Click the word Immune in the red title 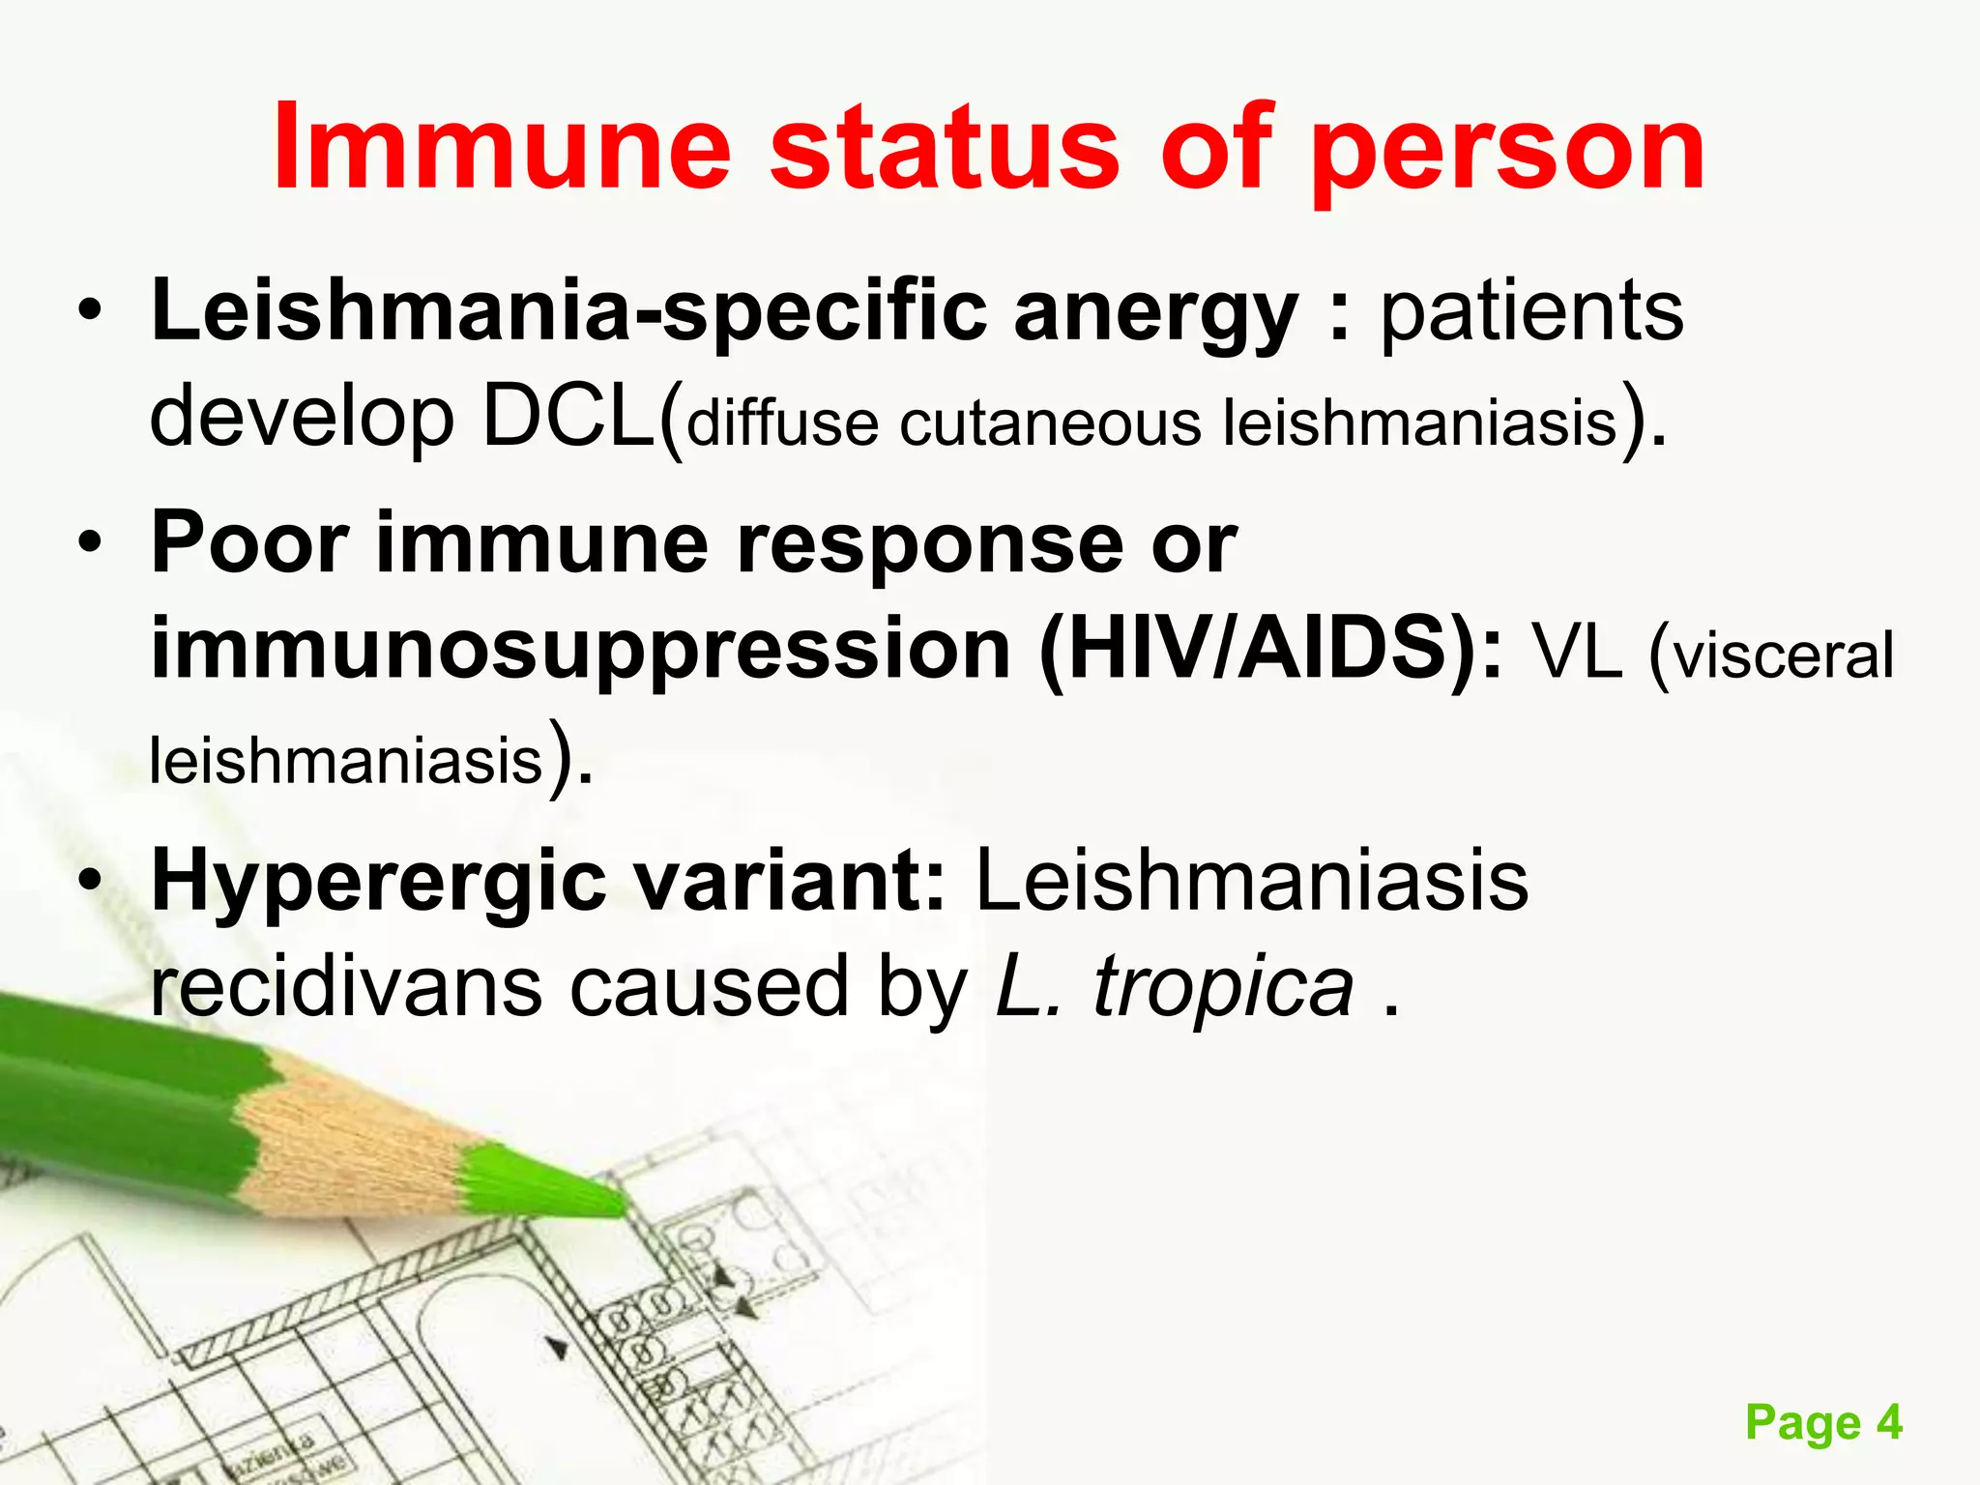[x=502, y=148]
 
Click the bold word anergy [x=1154, y=314]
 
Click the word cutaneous [x=1050, y=423]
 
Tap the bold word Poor [x=249, y=543]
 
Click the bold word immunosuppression [x=581, y=651]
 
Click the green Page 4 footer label [x=1822, y=1423]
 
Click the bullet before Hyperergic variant [x=90, y=881]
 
